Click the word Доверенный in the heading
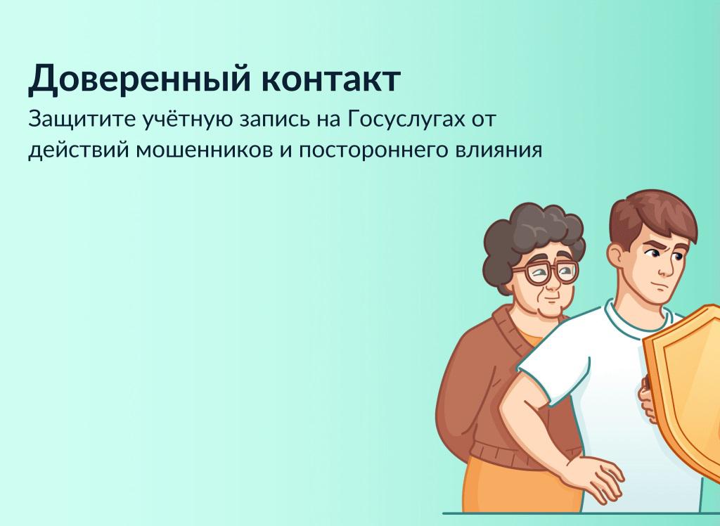[x=140, y=79]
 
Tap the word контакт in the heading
[x=331, y=79]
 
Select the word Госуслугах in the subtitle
[x=407, y=120]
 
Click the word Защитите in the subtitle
[x=82, y=120]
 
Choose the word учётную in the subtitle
[x=188, y=120]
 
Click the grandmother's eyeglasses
[x=547, y=272]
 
